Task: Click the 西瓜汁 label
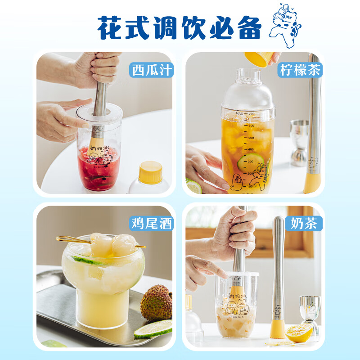(151, 70)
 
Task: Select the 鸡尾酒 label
(151, 223)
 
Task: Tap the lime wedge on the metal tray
(153, 328)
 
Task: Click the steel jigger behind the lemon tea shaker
(299, 141)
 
